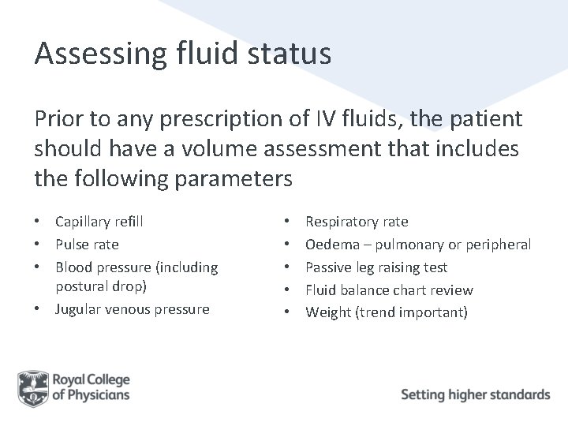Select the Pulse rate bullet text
(x=87, y=245)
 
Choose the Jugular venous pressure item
(x=132, y=308)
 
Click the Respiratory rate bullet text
(x=357, y=222)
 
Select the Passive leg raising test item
(x=376, y=267)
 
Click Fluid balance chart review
(x=389, y=290)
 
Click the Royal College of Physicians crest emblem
(x=32, y=387)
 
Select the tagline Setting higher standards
(x=475, y=394)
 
